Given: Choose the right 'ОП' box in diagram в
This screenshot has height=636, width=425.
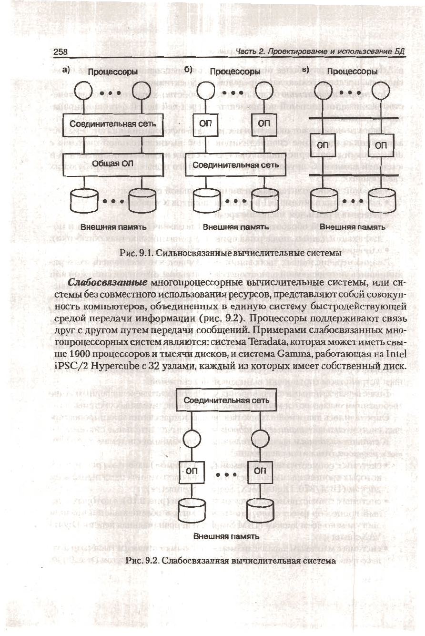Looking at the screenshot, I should (x=379, y=145).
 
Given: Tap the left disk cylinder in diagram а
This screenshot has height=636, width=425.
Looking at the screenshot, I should (x=84, y=201).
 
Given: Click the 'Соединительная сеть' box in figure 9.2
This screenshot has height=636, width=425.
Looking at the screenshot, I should (x=226, y=400).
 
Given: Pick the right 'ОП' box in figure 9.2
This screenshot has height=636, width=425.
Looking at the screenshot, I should (x=260, y=470).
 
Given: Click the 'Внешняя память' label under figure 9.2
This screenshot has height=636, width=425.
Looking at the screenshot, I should (x=226, y=536).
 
